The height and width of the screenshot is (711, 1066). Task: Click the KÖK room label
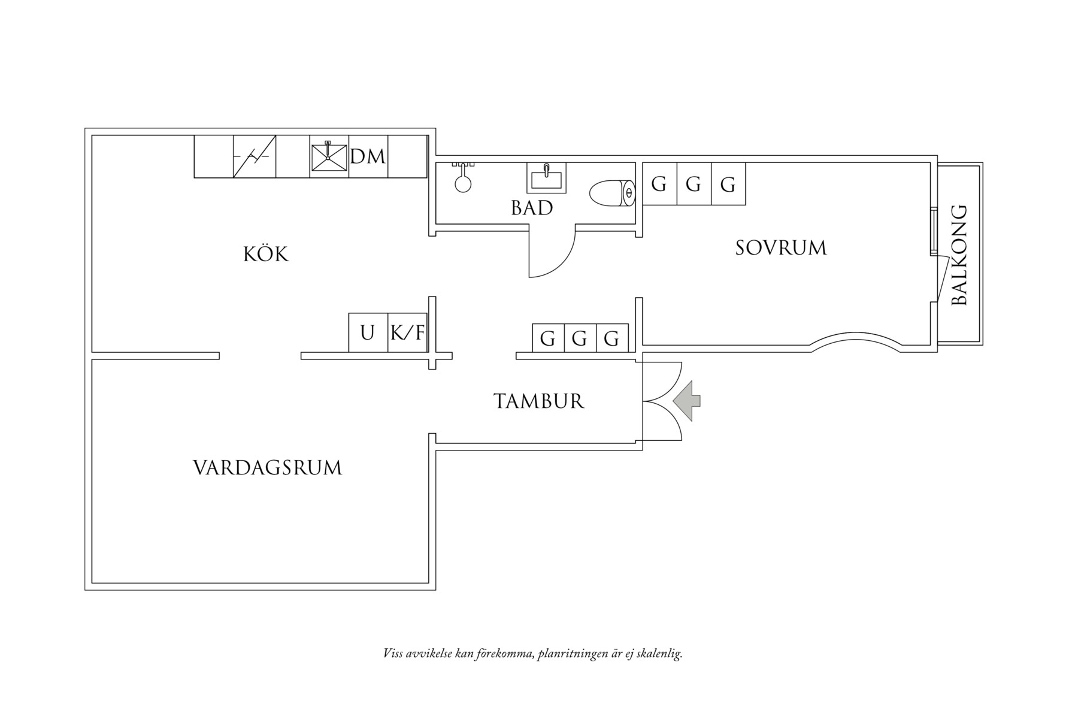(266, 254)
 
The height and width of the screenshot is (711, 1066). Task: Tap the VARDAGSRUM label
(267, 467)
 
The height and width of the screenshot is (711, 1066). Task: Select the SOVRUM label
(781, 247)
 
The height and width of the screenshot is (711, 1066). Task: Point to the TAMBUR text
(538, 401)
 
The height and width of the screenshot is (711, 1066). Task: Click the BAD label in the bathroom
(532, 208)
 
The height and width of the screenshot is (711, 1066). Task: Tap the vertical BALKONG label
(959, 255)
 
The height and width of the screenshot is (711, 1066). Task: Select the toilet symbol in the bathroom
(611, 193)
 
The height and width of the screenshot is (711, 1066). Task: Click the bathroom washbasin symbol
(546, 178)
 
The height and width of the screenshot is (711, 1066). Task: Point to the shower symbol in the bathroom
(462, 178)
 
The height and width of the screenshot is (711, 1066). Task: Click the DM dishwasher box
(368, 157)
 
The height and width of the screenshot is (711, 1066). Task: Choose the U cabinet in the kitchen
(368, 332)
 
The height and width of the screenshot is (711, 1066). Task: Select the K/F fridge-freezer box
(408, 332)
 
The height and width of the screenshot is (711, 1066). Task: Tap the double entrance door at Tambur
(662, 401)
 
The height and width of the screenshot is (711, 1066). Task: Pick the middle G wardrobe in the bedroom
(693, 184)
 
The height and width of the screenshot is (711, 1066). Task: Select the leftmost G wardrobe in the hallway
(548, 338)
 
